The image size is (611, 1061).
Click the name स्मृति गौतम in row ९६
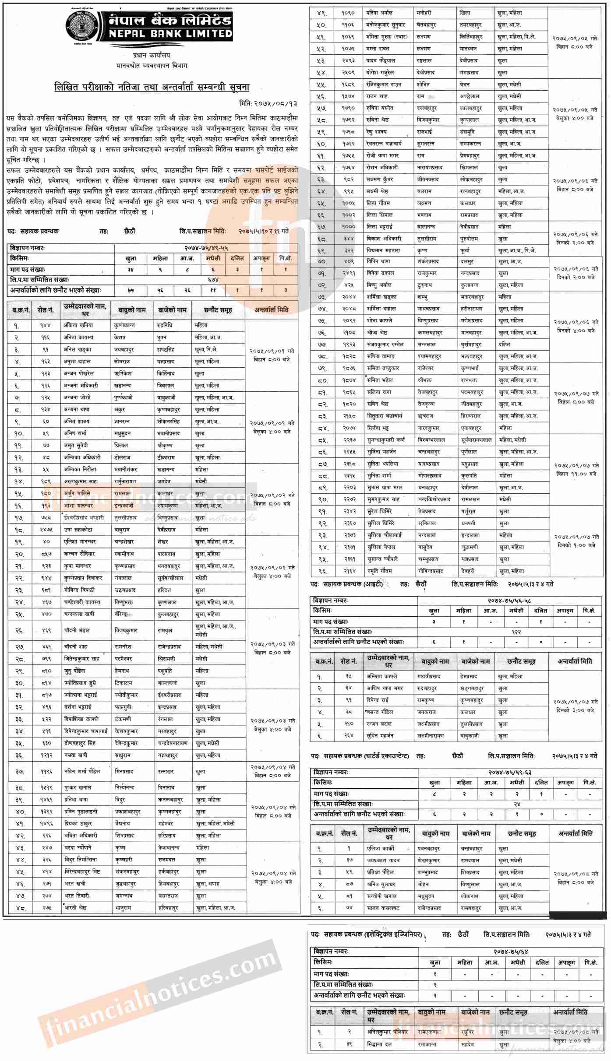tap(380, 571)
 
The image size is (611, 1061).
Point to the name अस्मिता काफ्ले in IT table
tap(383, 676)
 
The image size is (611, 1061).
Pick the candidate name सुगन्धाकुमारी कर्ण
tap(389, 440)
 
